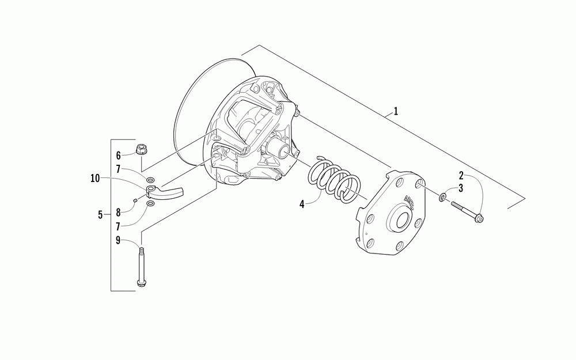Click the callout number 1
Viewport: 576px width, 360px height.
[x=395, y=111]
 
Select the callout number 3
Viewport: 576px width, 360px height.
[x=461, y=188]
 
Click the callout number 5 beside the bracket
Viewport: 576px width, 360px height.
[x=100, y=215]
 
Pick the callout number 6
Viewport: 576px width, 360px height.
[x=119, y=155]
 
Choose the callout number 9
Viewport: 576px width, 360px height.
[x=119, y=241]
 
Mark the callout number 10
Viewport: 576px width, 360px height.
[x=94, y=179]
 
